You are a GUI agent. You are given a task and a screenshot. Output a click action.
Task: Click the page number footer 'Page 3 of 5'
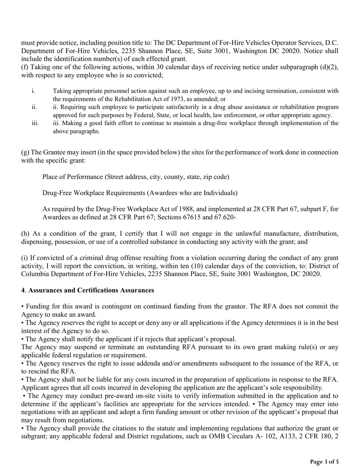pos(324,461)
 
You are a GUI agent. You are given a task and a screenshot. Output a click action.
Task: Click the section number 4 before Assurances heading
pos(23,290)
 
